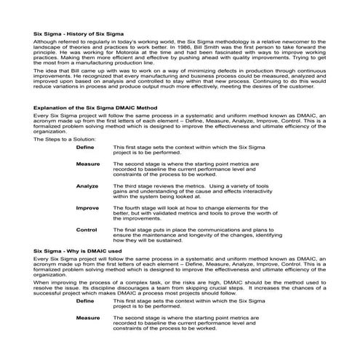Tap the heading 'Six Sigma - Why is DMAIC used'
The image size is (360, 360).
click(x=76, y=249)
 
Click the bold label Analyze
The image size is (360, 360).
click(x=87, y=186)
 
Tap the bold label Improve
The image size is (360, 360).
click(x=88, y=207)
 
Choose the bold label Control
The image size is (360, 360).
click(x=87, y=229)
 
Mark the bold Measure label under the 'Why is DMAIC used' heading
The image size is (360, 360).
click(x=88, y=318)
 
